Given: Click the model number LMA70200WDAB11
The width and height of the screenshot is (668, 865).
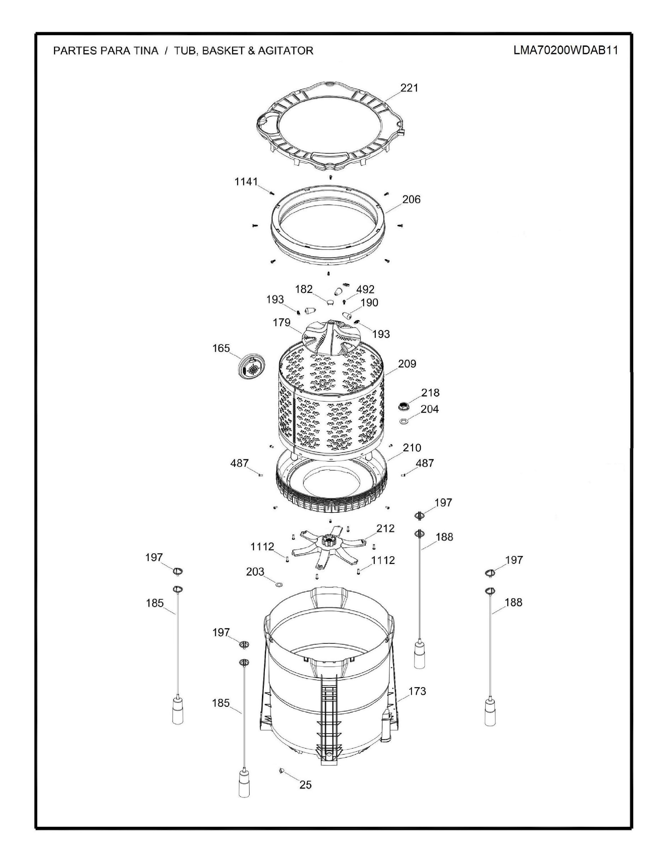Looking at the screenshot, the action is point(566,50).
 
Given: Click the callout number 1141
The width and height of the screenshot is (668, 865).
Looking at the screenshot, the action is point(246,182).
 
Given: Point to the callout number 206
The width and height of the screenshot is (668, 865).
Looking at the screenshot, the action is point(411,199).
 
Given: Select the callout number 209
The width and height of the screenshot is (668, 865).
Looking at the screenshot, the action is point(407,364).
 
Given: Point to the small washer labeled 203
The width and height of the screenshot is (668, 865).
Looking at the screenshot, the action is point(279,585).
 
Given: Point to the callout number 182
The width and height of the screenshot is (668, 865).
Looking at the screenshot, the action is point(304,289).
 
